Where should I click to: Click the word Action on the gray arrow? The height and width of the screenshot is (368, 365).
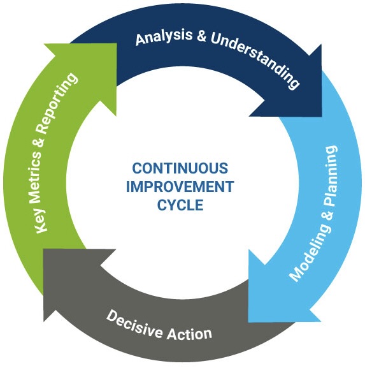coord(189,333)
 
